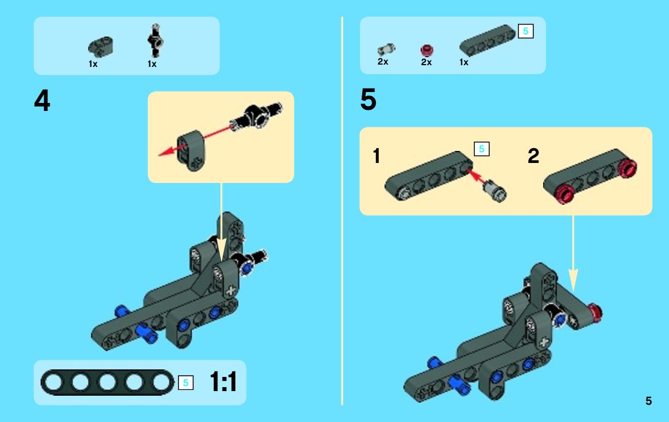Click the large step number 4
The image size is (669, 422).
pos(42,102)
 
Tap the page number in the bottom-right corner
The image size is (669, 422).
pos(648,401)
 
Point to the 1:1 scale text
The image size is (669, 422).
pos(223,383)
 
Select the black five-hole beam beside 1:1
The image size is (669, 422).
pos(106,383)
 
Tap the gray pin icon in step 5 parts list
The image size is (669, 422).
pos(386,50)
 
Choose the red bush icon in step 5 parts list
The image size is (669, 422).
pos(427,50)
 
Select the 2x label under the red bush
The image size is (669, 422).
pos(426,62)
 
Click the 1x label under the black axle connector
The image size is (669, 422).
pos(152,64)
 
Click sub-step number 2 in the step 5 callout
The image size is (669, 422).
pos(533,156)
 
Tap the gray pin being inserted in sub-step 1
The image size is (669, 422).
pos(495,189)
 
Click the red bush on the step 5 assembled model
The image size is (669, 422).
pos(596,312)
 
